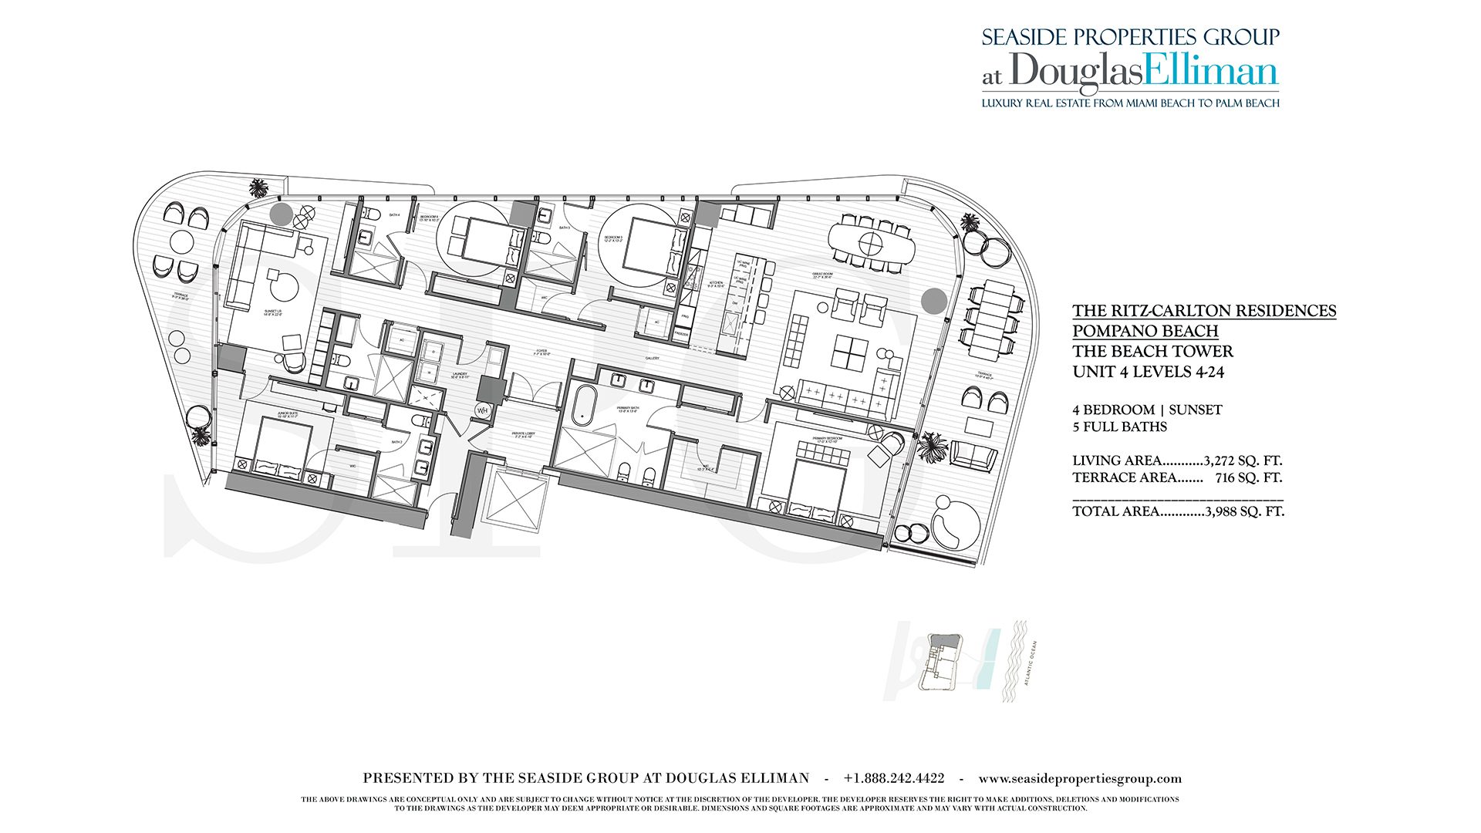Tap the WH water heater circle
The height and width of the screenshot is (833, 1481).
click(483, 411)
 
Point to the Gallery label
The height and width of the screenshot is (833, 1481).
click(653, 358)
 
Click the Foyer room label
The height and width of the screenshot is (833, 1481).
click(542, 352)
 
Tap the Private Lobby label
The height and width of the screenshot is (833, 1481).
click(523, 433)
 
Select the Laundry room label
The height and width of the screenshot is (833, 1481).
click(460, 375)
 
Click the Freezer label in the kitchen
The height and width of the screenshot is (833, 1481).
click(681, 333)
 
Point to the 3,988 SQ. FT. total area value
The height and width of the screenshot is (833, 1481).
click(1244, 511)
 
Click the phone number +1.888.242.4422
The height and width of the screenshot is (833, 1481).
click(894, 779)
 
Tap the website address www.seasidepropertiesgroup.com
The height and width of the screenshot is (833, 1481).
click(1080, 779)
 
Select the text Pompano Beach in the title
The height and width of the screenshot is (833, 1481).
click(1145, 331)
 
